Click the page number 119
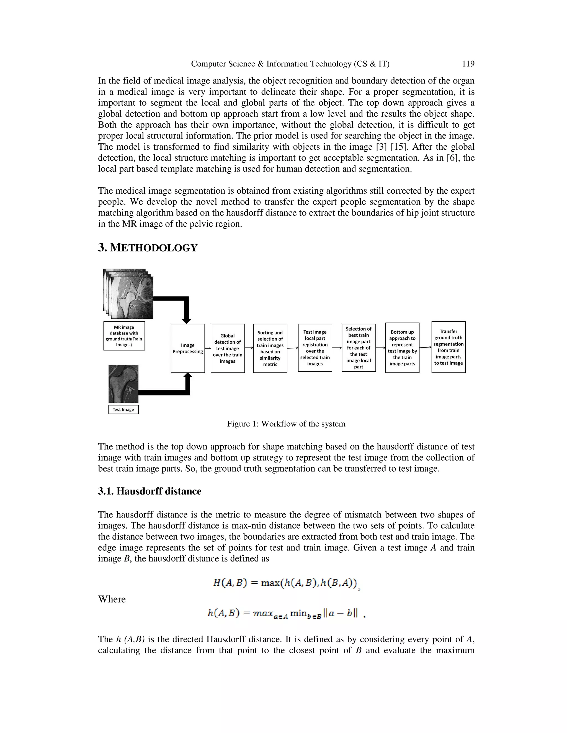tap(468, 64)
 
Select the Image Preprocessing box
tap(187, 348)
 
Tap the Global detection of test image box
tap(227, 348)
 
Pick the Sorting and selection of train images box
tap(270, 348)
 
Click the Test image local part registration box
tap(315, 347)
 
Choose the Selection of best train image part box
tap(359, 347)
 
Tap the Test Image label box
tap(123, 409)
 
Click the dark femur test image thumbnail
tap(123, 384)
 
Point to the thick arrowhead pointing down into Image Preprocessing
tap(186, 321)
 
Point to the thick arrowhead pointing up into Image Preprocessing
tap(188, 376)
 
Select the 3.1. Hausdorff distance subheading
tap(150, 491)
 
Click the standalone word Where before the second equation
tap(112, 599)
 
